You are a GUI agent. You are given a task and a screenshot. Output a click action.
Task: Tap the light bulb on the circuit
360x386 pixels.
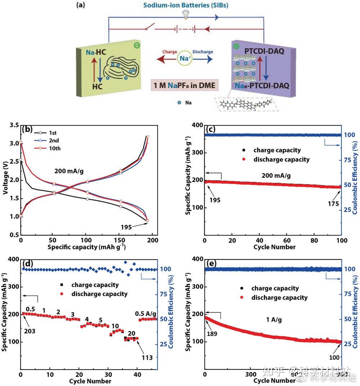click(186, 14)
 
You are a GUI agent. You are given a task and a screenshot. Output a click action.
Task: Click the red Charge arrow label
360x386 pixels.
click(170, 52)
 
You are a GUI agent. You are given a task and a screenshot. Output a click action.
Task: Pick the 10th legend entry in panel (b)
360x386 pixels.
click(55, 148)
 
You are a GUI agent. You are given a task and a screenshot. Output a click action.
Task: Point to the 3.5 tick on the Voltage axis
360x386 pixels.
click(14, 125)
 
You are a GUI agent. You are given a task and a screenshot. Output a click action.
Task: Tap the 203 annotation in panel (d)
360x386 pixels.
click(30, 331)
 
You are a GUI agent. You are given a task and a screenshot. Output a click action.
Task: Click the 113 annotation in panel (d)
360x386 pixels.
click(147, 358)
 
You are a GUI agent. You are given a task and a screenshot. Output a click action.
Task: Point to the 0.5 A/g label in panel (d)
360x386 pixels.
click(146, 313)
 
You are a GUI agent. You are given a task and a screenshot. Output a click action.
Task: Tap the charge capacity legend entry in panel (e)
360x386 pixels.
click(275, 288)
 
